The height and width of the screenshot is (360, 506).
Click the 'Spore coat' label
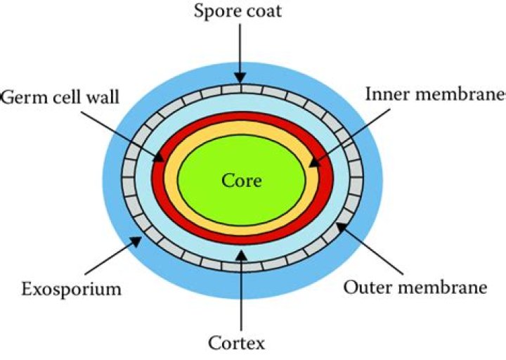click(x=238, y=13)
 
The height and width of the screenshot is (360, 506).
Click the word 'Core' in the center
click(x=242, y=181)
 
